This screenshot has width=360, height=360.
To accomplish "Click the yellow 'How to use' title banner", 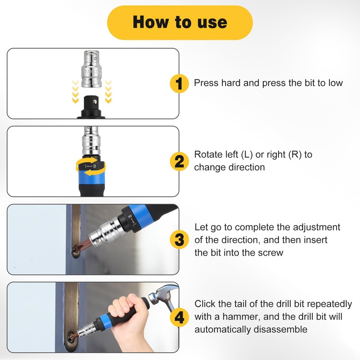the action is click(180, 22).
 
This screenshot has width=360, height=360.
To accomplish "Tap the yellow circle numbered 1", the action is click(179, 83).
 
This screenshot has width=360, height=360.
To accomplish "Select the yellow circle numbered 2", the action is click(179, 162).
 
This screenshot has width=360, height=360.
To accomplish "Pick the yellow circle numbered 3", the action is click(179, 239).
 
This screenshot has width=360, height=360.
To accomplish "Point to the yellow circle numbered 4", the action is click(179, 318).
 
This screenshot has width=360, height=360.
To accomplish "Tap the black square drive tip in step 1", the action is click(91, 103).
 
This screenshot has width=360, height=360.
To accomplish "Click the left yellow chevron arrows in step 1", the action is click(76, 92).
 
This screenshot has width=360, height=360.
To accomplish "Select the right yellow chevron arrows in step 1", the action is click(108, 92).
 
